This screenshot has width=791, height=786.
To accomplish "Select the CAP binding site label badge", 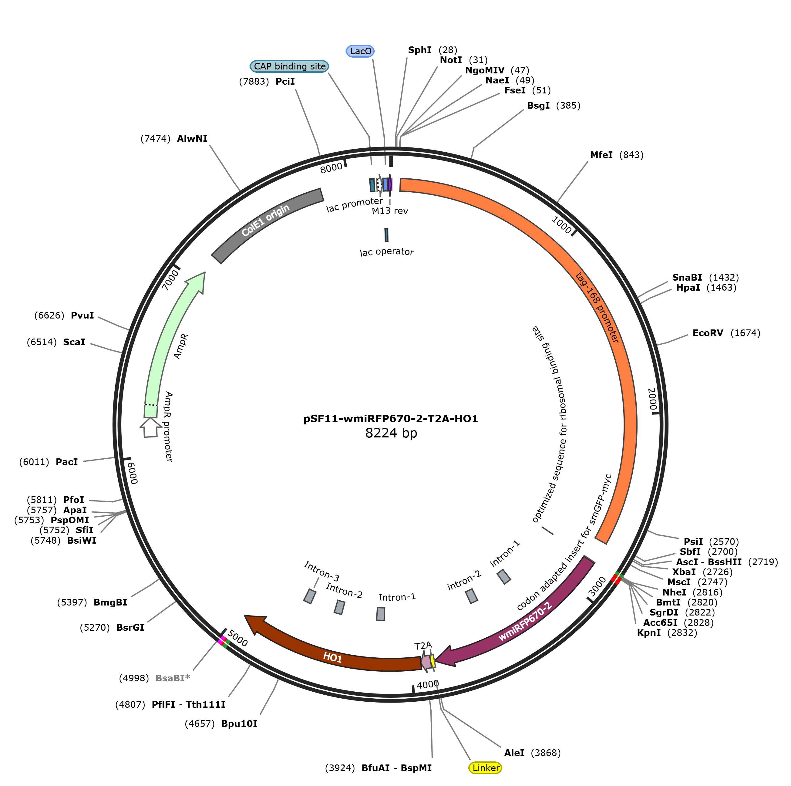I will pyautogui.click(x=289, y=66).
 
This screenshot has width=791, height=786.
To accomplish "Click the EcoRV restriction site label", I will pyautogui.click(x=708, y=333).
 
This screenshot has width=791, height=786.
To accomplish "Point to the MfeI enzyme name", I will pyautogui.click(x=601, y=155).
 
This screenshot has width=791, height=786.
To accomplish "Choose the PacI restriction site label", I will pyautogui.click(x=67, y=462).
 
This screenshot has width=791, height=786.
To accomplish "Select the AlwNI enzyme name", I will pyautogui.click(x=192, y=138).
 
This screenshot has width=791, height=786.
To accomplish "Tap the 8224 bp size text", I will pyautogui.click(x=391, y=433).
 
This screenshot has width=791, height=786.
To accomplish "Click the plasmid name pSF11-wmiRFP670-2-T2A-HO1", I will pyautogui.click(x=391, y=419).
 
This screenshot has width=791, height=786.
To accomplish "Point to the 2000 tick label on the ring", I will pyautogui.click(x=652, y=399).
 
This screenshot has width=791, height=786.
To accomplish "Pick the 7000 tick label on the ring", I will pyautogui.click(x=170, y=280).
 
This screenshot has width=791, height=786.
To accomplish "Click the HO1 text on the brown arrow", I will pyautogui.click(x=332, y=658).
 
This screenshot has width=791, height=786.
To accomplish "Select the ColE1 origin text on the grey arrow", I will pyautogui.click(x=265, y=220).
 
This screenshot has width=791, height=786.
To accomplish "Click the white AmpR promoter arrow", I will pyautogui.click(x=150, y=427).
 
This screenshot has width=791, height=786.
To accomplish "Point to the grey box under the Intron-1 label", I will pyautogui.click(x=380, y=614).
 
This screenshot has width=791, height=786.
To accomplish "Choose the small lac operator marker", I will pyautogui.click(x=386, y=235).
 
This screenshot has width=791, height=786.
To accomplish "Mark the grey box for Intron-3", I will pyautogui.click(x=310, y=596).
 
